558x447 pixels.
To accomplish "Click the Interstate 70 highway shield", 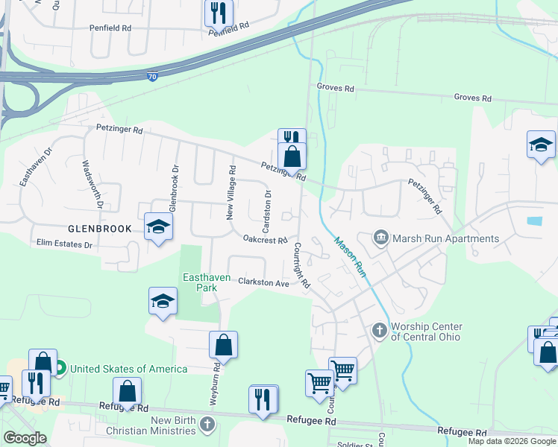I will point(151,77).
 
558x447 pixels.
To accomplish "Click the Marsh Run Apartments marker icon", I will point(380,238).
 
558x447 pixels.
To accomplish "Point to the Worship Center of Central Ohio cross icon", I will point(380,329).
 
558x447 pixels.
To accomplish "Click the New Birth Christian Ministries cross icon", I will point(207,425).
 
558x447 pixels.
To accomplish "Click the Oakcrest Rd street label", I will point(266,240).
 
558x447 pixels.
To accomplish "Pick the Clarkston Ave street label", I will point(263,283).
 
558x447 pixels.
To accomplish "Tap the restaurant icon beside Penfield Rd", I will point(219,13).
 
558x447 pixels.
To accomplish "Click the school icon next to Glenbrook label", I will point(158,227).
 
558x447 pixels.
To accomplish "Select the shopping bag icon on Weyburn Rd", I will point(223,345).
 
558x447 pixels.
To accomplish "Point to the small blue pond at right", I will point(534,221).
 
